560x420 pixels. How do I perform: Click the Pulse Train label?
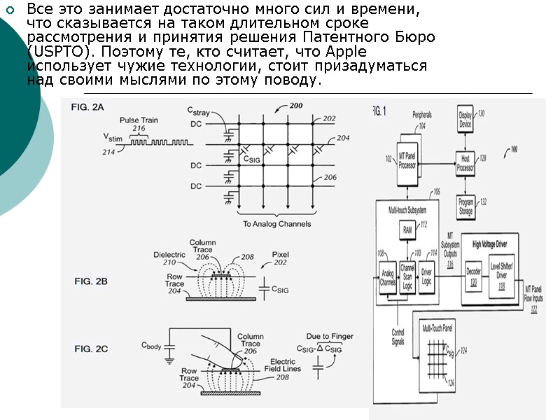[x=137, y=119]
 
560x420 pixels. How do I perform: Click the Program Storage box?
[x=466, y=206]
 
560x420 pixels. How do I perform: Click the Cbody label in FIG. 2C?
[x=154, y=345]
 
